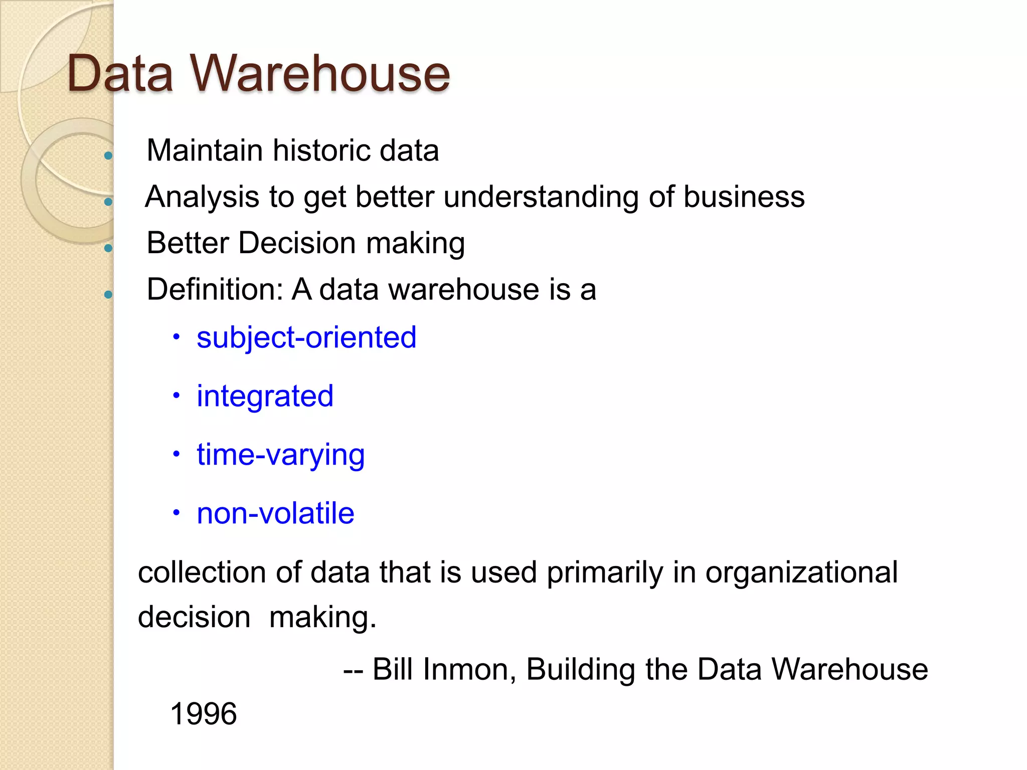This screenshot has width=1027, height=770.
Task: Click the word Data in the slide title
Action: click(x=120, y=74)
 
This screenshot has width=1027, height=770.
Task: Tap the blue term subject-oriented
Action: click(x=306, y=337)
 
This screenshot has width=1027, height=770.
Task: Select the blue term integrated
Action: click(x=265, y=396)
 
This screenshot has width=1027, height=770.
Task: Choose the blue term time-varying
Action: click(x=280, y=455)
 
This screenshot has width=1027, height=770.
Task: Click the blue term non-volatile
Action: click(x=275, y=513)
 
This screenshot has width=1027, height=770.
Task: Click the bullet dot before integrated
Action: click(x=176, y=396)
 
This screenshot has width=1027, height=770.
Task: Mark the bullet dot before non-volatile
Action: click(x=176, y=513)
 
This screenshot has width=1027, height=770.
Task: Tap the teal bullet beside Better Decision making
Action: click(x=108, y=248)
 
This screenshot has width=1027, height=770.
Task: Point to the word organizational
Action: click(x=801, y=572)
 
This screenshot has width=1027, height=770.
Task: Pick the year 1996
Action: click(x=203, y=714)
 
